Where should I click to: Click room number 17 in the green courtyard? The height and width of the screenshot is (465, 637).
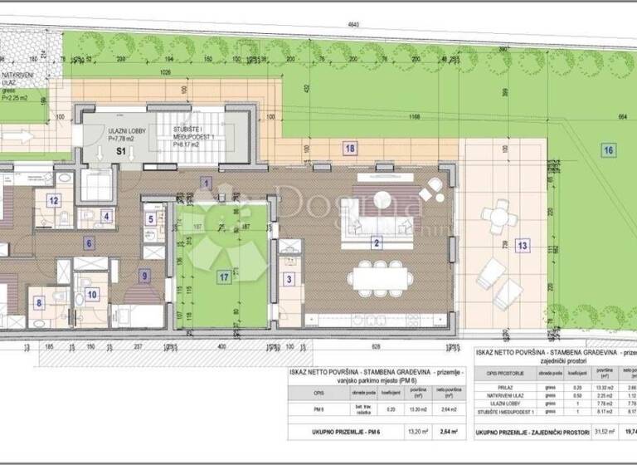[223, 279]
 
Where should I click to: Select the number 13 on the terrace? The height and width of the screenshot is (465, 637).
[521, 245]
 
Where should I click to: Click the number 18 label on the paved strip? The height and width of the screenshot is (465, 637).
[350, 147]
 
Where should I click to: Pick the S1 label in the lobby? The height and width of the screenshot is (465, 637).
[119, 152]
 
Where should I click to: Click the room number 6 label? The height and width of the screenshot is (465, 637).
[88, 243]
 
